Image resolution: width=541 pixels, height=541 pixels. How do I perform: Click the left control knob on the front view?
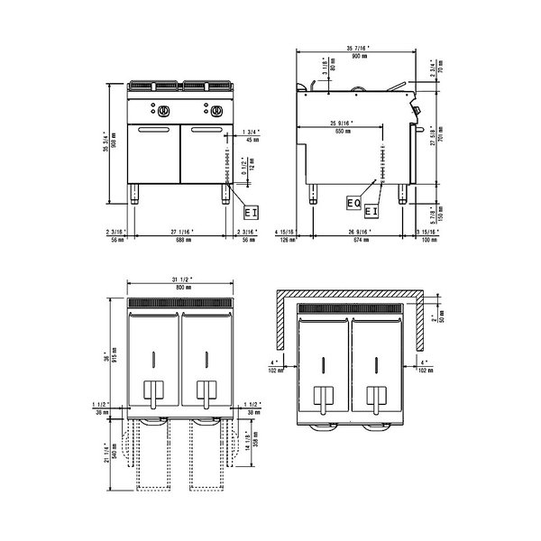pos(164,113)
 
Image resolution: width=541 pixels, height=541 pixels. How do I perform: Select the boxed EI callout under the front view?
pos(252,212)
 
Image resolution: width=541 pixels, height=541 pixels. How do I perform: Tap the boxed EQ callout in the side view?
pos(354,205)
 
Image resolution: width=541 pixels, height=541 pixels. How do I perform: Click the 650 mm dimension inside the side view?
pos(339,132)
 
